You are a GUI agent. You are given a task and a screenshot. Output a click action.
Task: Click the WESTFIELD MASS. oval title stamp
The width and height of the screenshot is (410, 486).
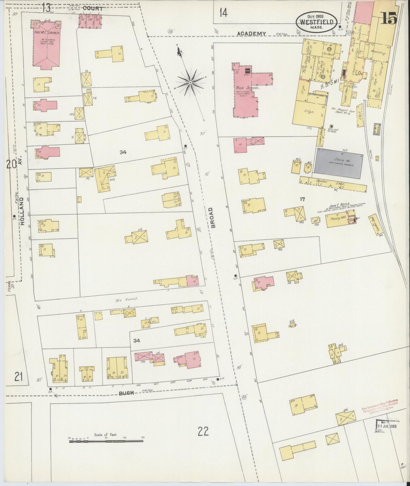tap(317, 22)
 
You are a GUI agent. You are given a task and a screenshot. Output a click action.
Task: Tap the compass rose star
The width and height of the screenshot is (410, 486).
tap(191, 83)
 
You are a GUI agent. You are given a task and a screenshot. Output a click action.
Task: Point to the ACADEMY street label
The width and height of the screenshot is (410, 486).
tap(251, 34)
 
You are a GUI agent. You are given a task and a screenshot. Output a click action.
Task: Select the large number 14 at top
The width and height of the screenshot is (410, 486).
tap(223, 12)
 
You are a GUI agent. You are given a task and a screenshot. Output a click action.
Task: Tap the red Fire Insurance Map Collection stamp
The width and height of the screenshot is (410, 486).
tap(380, 404)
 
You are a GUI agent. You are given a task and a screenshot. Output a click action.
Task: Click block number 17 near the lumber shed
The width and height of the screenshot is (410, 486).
tap(302, 199)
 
